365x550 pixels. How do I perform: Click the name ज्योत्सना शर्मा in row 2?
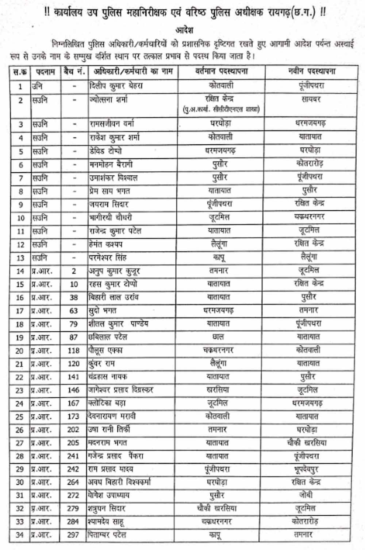[108, 99]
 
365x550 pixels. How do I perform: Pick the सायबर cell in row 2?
[311, 99]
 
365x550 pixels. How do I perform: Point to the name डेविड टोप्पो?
[105, 151]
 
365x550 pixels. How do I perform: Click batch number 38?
[74, 297]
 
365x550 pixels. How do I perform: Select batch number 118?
[73, 350]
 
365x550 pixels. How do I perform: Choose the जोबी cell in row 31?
[306, 495]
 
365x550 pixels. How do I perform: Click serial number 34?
[20, 535]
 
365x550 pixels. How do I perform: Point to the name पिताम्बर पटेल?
[107, 535]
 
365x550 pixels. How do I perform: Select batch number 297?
[73, 535]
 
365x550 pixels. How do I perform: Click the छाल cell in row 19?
[218, 337]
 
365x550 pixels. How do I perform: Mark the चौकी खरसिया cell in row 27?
[307, 443]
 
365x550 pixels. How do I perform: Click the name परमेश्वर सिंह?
[108, 258]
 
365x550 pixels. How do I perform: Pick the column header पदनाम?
[45, 72]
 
